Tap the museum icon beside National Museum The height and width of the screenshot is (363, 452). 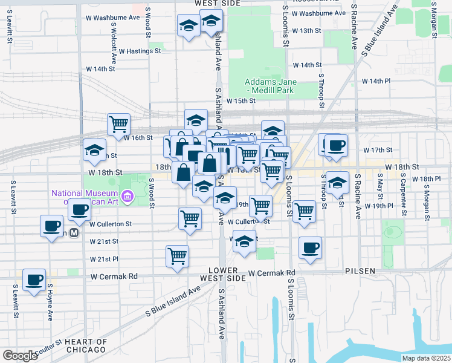[x=128, y=196]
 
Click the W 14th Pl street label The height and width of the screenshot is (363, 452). [x=376, y=80]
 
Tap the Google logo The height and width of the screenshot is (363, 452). [x=20, y=355]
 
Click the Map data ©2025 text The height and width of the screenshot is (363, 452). [x=426, y=358]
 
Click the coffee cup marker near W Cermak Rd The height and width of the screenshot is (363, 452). [x=34, y=280]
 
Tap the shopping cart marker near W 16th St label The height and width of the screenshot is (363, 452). [x=119, y=124]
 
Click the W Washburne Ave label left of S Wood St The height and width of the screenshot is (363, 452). [x=114, y=18]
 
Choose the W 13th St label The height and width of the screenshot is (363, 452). [x=306, y=30]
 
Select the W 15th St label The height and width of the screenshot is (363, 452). [x=241, y=100]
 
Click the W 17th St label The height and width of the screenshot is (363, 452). [x=378, y=149]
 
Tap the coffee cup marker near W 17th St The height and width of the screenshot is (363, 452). [x=336, y=146]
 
